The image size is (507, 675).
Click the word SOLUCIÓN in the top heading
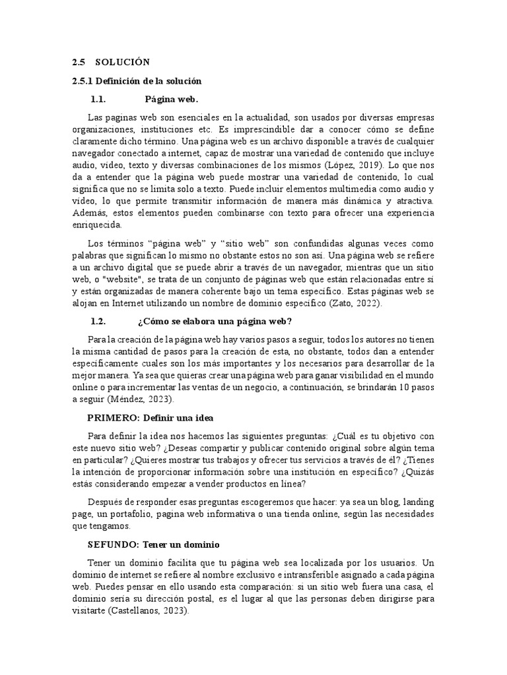click(123, 63)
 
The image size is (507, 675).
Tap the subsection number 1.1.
click(98, 100)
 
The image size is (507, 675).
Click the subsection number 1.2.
click(98, 321)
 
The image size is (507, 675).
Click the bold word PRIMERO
click(111, 418)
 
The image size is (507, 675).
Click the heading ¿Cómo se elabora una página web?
click(215, 321)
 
